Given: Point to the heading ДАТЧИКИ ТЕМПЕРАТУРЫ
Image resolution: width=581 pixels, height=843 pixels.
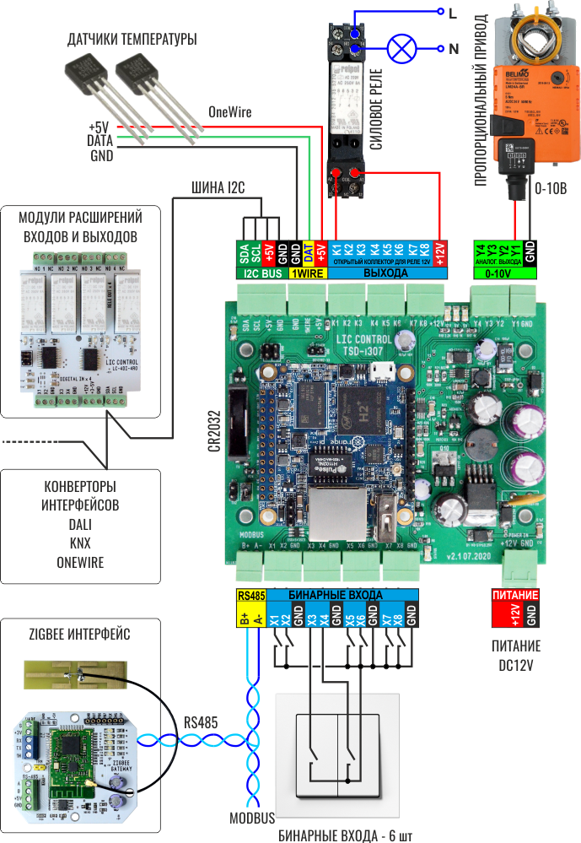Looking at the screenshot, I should tap(132, 40).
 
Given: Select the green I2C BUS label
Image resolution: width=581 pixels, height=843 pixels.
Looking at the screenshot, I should tap(262, 273).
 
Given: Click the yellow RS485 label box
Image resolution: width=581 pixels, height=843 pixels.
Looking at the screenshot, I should tap(252, 596).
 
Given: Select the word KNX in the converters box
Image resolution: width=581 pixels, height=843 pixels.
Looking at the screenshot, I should tap(80, 543).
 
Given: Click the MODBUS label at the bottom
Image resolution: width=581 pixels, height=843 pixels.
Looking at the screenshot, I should tap(252, 819).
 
